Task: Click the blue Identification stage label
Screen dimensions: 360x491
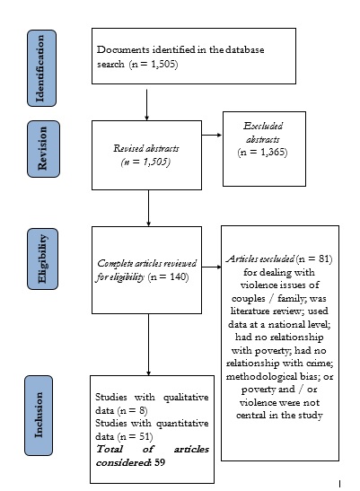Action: click(x=41, y=68)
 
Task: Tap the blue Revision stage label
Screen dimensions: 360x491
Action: click(x=43, y=149)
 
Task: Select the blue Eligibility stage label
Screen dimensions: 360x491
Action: click(x=42, y=259)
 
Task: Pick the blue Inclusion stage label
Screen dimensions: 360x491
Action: click(x=39, y=416)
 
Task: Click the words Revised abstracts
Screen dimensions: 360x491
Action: click(x=146, y=148)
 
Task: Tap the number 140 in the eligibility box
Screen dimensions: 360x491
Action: click(x=178, y=276)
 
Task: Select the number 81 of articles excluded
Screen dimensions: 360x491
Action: click(x=324, y=259)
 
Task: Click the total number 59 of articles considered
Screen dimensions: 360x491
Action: click(x=160, y=462)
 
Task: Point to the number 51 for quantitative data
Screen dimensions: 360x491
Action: click(x=145, y=436)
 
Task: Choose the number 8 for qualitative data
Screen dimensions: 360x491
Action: click(x=142, y=410)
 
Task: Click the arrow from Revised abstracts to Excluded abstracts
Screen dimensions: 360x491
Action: click(x=212, y=135)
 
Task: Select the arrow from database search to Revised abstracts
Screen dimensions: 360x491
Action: click(x=146, y=105)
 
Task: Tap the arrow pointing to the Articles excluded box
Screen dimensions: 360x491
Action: click(x=211, y=267)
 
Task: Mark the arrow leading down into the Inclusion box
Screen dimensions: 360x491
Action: click(x=148, y=345)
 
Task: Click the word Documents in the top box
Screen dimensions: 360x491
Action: click(x=123, y=49)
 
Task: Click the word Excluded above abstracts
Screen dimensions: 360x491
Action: click(x=263, y=126)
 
